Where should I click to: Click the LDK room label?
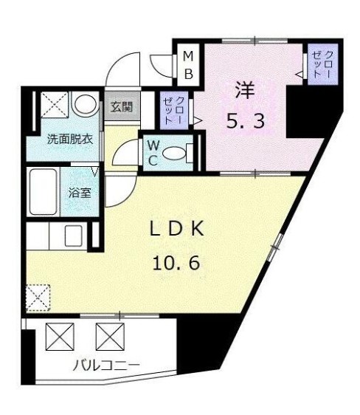pyautogui.click(x=177, y=228)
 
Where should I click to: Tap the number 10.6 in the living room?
pyautogui.click(x=176, y=263)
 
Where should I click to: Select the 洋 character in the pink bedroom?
pyautogui.click(x=245, y=90)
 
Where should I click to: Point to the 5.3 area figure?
pyautogui.click(x=246, y=120)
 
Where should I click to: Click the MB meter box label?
pyautogui.click(x=188, y=65)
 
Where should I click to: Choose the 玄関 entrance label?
pyautogui.click(x=122, y=107)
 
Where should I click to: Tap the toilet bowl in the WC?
pyautogui.click(x=173, y=154)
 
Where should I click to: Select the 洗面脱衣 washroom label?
pyautogui.click(x=70, y=140)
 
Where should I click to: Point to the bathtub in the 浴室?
pyautogui.click(x=43, y=192)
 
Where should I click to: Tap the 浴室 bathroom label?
pyautogui.click(x=80, y=193)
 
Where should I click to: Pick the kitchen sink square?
pyautogui.click(x=73, y=236)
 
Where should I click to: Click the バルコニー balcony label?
pyautogui.click(x=106, y=366)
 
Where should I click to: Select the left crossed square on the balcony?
pyautogui.click(x=60, y=337)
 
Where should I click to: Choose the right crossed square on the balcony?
pyautogui.click(x=110, y=337)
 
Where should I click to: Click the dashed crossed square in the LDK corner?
pyautogui.click(x=38, y=298)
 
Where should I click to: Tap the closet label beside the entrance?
pyautogui.click(x=173, y=111)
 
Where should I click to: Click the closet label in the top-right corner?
pyautogui.click(x=322, y=64)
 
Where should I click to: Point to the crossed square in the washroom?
pyautogui.click(x=55, y=104)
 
